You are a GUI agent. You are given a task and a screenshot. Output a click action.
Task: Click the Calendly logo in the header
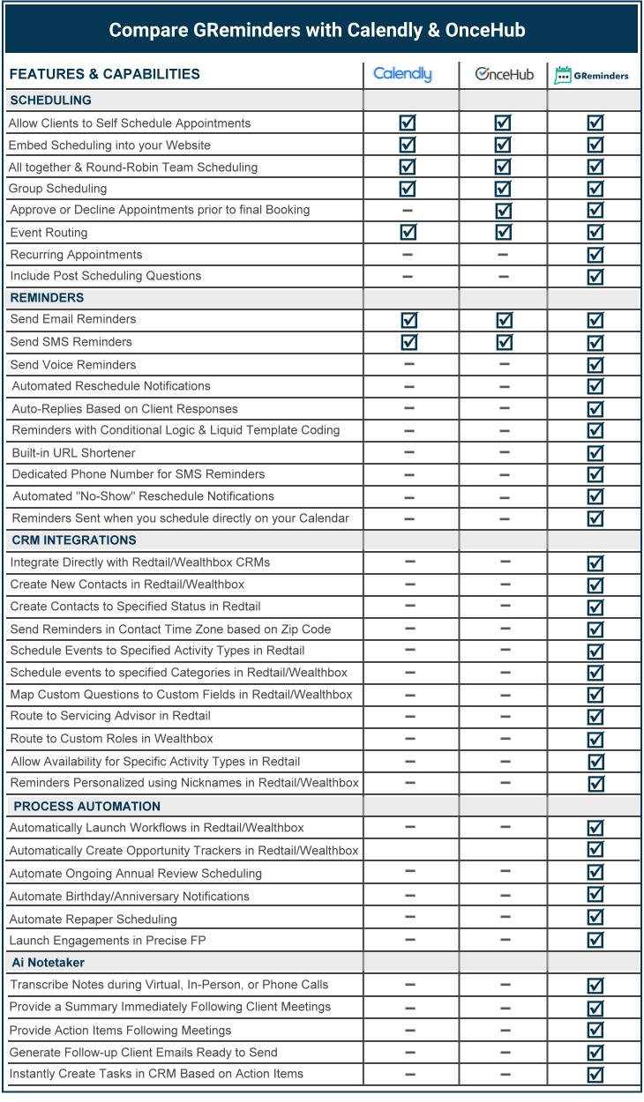tap(402, 74)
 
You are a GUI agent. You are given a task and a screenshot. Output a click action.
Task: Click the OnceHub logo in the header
tap(504, 75)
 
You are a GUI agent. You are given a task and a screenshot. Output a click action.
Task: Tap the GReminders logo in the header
tap(591, 76)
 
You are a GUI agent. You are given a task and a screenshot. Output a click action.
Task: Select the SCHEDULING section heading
tap(50, 101)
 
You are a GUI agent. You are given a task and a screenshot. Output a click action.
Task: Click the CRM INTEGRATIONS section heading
tap(73, 540)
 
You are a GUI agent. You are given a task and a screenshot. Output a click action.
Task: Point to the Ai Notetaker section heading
tap(49, 962)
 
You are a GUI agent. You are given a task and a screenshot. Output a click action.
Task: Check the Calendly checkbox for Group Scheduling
tap(408, 188)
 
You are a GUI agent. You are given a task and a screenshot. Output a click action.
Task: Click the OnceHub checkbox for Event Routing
tap(503, 232)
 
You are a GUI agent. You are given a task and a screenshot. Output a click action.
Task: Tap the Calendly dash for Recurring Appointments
tap(408, 255)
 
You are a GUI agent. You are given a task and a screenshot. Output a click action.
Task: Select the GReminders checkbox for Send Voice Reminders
tap(595, 364)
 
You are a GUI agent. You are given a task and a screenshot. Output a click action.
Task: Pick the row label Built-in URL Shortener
tap(72, 452)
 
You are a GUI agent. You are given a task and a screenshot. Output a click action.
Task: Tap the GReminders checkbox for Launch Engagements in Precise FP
tap(595, 940)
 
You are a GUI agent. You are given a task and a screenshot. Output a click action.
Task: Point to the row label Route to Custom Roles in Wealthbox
tap(111, 739)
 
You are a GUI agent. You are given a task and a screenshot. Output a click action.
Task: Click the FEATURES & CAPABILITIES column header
tap(104, 74)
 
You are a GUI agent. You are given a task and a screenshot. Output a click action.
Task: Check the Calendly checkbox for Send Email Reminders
tap(408, 320)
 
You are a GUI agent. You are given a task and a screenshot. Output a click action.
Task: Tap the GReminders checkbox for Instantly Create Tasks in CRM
tap(595, 1074)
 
